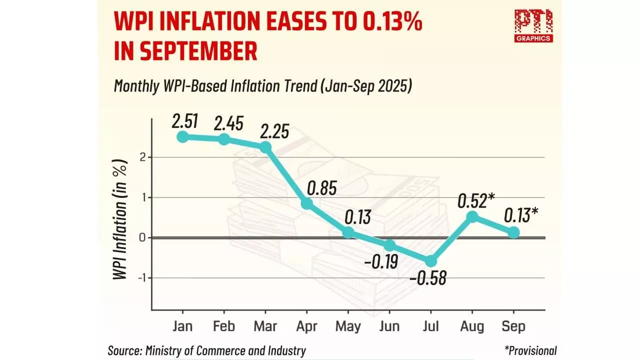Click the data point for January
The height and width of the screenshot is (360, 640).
(x=182, y=136)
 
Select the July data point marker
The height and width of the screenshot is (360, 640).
(x=430, y=261)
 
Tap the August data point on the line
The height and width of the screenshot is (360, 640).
(x=472, y=216)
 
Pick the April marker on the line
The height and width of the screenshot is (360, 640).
(x=306, y=203)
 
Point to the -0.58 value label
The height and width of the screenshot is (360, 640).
(x=427, y=277)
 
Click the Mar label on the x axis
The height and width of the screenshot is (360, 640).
(x=265, y=326)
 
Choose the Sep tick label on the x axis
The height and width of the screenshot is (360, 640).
(x=513, y=326)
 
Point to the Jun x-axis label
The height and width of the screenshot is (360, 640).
(x=389, y=326)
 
